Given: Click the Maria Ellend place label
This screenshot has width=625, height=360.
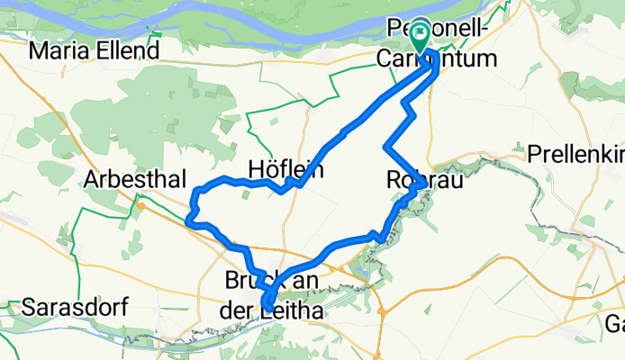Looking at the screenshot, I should (94, 49).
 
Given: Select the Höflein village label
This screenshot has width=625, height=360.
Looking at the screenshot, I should (285, 169).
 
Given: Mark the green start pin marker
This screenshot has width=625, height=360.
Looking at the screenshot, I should (421, 37).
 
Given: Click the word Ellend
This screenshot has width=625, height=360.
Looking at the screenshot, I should (129, 49).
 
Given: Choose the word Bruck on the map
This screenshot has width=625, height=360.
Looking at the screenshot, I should (253, 281).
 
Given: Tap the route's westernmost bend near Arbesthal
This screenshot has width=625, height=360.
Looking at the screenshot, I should (187, 217).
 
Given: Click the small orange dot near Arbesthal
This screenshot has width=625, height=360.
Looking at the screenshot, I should (141, 205).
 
